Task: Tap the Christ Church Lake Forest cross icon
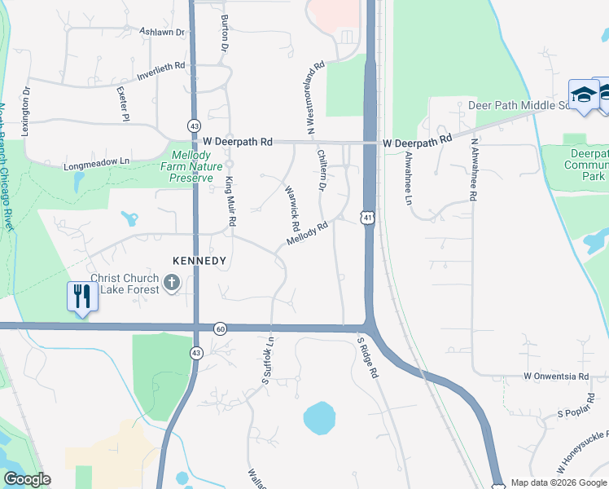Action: tap(171, 283)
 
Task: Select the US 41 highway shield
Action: tap(368, 218)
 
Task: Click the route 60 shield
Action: tap(221, 328)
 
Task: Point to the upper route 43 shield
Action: tap(194, 126)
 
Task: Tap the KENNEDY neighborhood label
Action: tap(199, 261)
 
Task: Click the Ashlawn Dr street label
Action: tap(163, 32)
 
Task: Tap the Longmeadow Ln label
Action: tap(97, 165)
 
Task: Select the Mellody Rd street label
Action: tap(307, 234)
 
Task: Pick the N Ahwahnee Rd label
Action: tap(473, 168)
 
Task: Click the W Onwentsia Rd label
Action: tap(555, 376)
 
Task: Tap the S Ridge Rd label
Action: tap(367, 358)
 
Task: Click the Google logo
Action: tap(27, 479)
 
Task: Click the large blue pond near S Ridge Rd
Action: tap(319, 418)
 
